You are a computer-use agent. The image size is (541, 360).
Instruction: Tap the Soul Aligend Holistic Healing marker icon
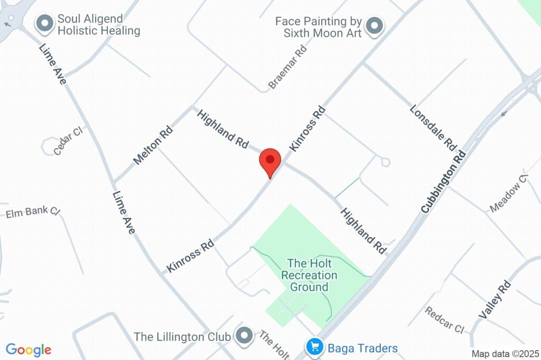45,23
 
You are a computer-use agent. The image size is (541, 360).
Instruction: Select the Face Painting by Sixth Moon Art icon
375,26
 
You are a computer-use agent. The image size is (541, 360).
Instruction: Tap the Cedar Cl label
69,140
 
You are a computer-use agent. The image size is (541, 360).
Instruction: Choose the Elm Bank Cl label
33,212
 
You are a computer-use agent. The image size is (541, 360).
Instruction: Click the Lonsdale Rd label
433,127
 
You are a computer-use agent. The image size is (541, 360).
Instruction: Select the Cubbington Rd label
444,182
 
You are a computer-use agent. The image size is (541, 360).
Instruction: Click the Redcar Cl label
444,319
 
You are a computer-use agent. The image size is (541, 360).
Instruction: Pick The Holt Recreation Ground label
309,274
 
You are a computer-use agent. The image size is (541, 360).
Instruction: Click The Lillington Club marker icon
244,335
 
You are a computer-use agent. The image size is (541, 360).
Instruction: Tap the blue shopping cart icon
315,347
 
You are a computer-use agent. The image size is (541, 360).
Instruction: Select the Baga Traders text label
362,348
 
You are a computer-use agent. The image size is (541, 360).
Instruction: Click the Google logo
29,349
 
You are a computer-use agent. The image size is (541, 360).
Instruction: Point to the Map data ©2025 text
505,354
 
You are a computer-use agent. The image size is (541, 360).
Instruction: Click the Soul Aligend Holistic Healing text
99,25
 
